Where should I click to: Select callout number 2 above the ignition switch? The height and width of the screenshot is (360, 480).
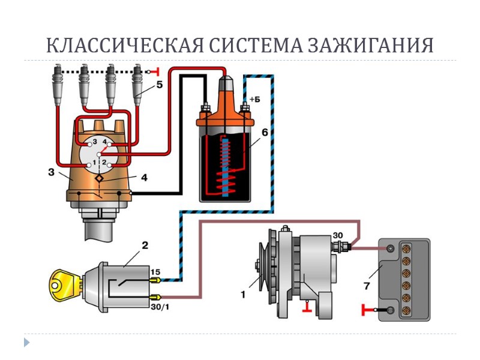pyautogui.click(x=145, y=245)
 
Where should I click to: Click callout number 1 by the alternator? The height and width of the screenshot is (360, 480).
pyautogui.click(x=244, y=295)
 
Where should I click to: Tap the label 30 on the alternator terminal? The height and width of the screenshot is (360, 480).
pyautogui.click(x=338, y=235)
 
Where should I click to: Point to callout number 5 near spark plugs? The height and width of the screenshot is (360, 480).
pyautogui.click(x=159, y=85)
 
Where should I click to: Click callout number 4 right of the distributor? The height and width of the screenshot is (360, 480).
pyautogui.click(x=143, y=178)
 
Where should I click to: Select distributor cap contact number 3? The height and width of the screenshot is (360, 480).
pyautogui.click(x=94, y=142)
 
